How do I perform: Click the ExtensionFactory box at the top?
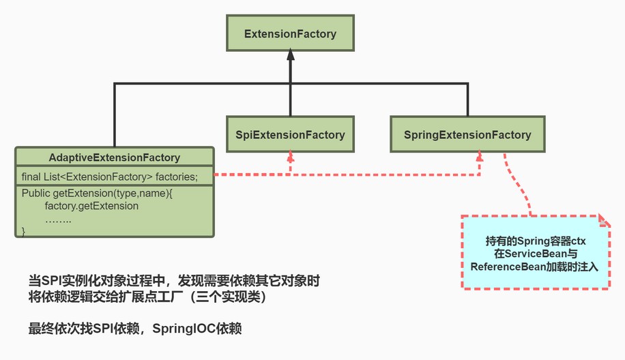tap(290, 33)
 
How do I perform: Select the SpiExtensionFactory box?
tap(290, 134)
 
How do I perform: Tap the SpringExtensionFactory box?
tap(467, 134)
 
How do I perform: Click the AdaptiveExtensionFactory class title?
tap(115, 157)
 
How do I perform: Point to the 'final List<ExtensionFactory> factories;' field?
tap(110, 177)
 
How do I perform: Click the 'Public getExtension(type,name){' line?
tap(97, 193)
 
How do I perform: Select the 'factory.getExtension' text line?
tap(91, 206)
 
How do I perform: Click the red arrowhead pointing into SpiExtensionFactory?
tap(291, 156)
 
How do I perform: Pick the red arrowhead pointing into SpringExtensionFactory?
tap(480, 156)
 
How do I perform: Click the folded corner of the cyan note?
tap(605, 221)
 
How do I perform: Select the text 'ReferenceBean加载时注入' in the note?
tap(534, 267)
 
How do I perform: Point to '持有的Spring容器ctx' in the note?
tap(536, 241)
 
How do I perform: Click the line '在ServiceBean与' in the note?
tap(536, 254)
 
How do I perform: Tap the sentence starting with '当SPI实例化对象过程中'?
tap(174, 281)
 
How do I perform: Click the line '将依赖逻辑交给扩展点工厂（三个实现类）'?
tap(147, 297)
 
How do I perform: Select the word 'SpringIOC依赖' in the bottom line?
tap(197, 329)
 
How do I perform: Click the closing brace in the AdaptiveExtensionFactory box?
tap(23, 231)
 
